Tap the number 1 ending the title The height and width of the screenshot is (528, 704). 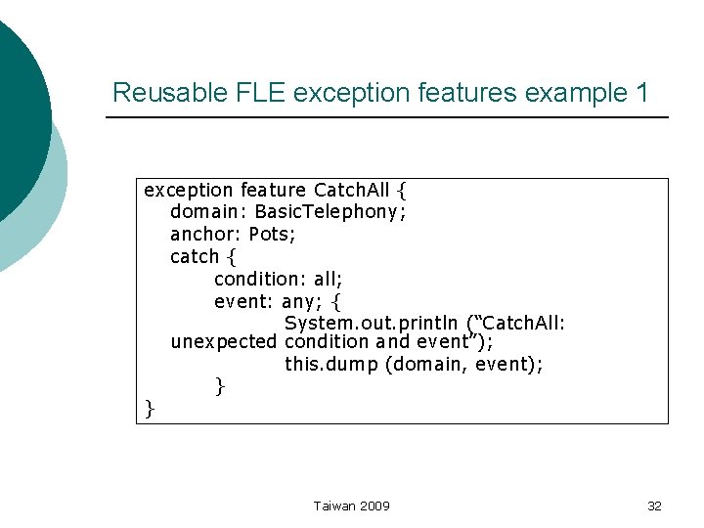641,94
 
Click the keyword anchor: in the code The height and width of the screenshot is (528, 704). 206,234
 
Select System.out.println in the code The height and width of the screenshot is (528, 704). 372,323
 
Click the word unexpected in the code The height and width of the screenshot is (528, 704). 224,342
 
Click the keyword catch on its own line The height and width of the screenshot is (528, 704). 195,256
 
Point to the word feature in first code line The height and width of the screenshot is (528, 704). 274,190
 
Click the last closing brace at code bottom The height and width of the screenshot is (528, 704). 150,408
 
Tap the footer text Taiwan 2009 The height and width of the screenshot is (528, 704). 352,506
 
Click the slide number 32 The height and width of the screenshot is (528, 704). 655,506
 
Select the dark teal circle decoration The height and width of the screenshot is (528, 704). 18,117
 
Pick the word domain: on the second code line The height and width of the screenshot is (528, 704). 209,211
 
